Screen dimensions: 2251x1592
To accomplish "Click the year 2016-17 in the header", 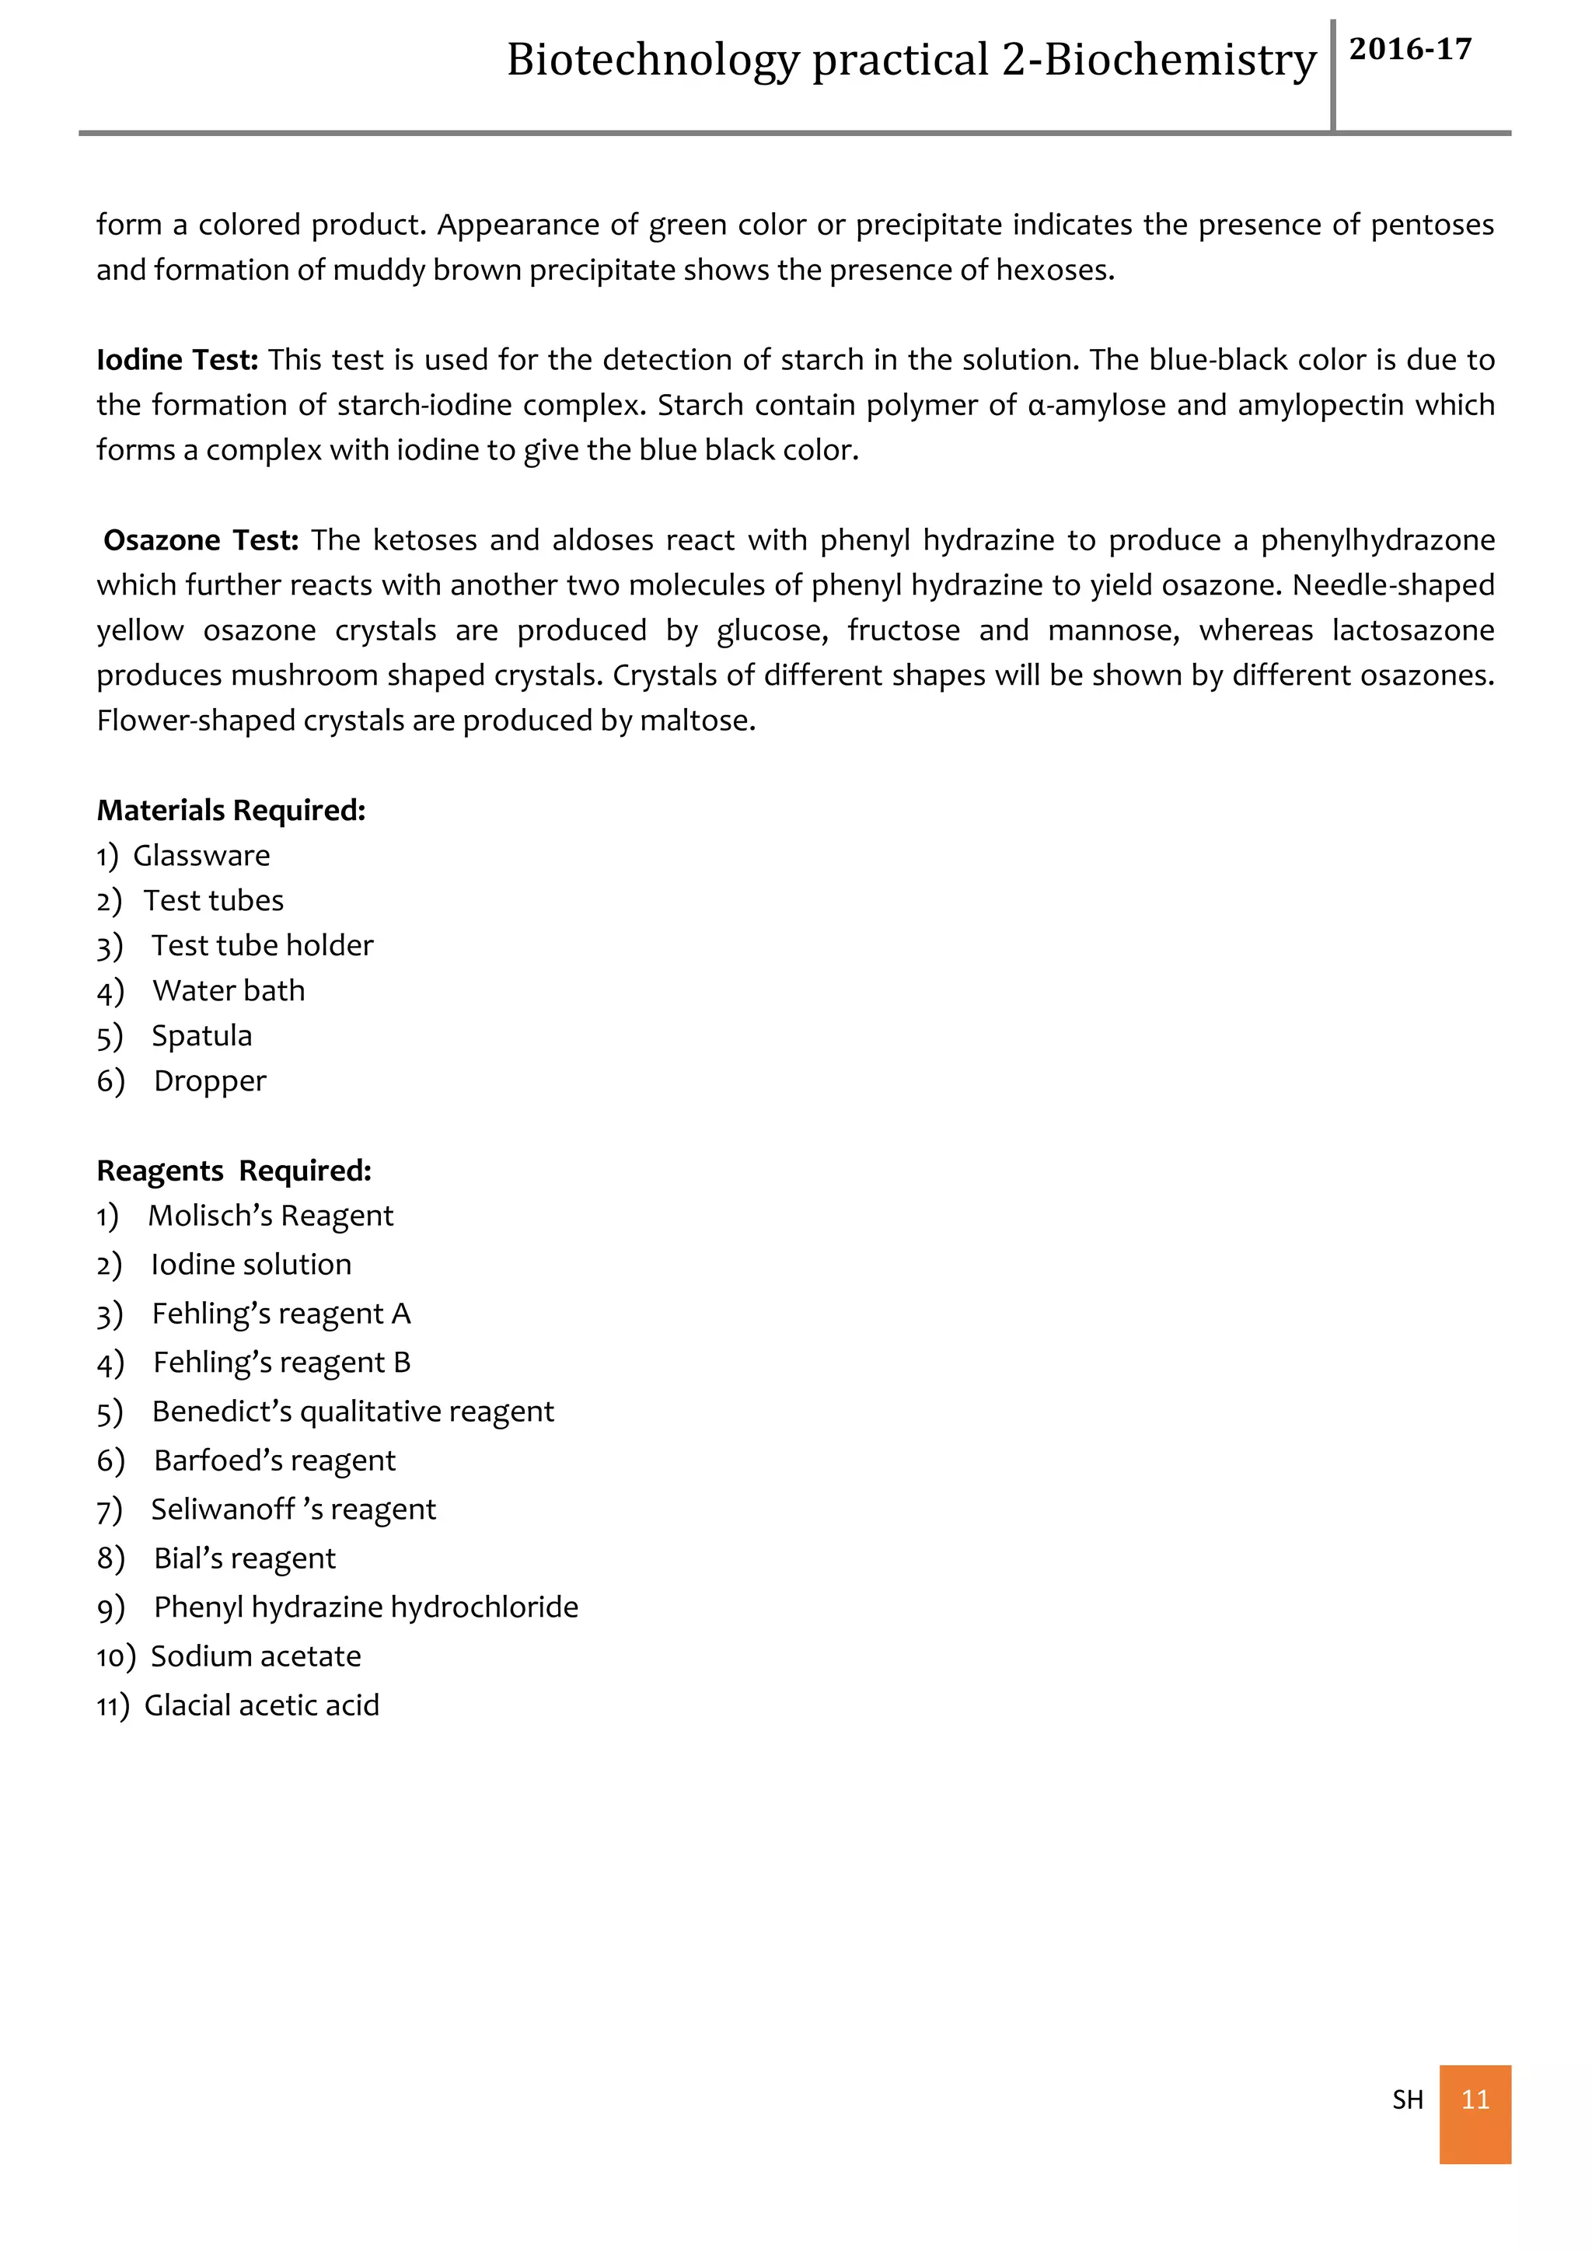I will pyautogui.click(x=1409, y=49).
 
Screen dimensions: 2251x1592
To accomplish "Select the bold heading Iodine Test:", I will pyautogui.click(x=176, y=360).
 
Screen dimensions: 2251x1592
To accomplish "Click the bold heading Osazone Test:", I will pyautogui.click(x=200, y=540).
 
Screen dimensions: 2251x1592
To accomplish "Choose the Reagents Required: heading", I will pyautogui.click(x=233, y=1171).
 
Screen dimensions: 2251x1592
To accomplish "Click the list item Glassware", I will pyautogui.click(x=201, y=856).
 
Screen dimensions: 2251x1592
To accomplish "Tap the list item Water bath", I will pyautogui.click(x=229, y=991).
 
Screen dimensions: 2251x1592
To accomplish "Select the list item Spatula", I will pyautogui.click(x=201, y=1036).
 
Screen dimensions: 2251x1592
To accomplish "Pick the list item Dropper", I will pyautogui.click(x=210, y=1081).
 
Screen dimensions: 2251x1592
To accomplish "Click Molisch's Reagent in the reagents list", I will pyautogui.click(x=271, y=1216).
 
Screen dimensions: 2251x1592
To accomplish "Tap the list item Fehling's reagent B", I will pyautogui.click(x=281, y=1363).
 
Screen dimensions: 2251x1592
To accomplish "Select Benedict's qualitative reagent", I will pyautogui.click(x=353, y=1412).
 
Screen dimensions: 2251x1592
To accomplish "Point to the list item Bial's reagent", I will pyautogui.click(x=244, y=1559).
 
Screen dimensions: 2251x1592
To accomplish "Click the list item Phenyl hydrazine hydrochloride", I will pyautogui.click(x=365, y=1608).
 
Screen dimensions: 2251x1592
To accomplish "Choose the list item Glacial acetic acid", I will pyautogui.click(x=260, y=1706).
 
